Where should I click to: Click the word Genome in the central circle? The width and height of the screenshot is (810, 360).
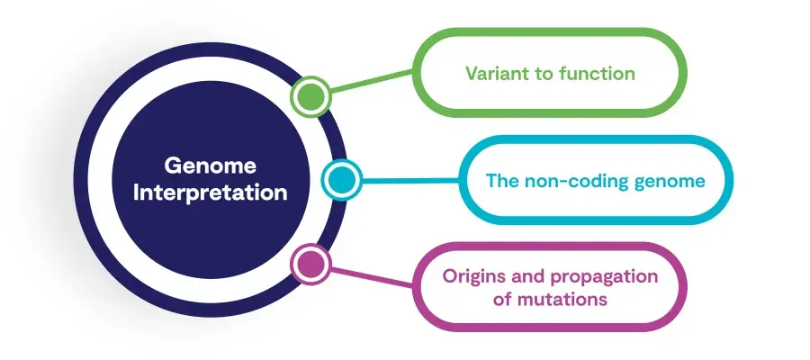click(211, 166)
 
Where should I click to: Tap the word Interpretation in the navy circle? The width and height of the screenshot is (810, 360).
click(211, 193)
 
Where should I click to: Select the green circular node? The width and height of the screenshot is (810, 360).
click(311, 96)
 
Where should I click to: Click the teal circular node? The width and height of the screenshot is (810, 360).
click(341, 180)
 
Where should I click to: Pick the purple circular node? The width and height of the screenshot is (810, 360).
click(311, 264)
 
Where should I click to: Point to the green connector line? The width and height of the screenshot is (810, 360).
click(372, 82)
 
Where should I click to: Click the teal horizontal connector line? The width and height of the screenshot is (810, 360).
click(410, 180)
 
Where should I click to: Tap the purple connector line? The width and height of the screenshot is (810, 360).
click(372, 277)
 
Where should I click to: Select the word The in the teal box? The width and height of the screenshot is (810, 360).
click(502, 181)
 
